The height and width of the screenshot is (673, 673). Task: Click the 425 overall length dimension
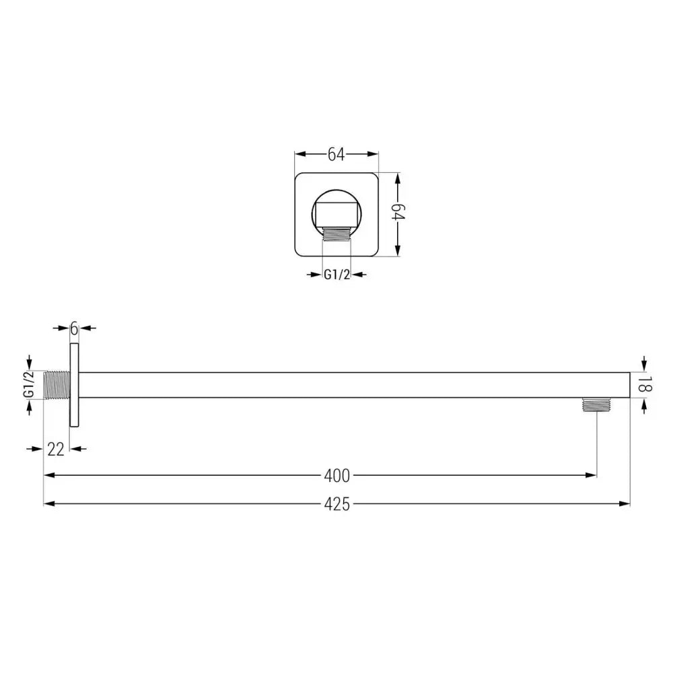click(336, 504)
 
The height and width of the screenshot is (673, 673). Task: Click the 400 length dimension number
click(336, 476)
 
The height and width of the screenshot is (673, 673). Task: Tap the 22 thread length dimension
click(56, 450)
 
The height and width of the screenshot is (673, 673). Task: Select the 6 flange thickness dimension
click(75, 328)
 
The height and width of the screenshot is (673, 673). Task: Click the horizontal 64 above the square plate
click(336, 155)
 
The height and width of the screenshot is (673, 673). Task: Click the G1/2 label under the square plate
click(336, 275)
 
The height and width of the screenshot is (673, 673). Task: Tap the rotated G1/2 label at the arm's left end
click(29, 384)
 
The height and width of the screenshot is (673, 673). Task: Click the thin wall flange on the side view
click(75, 384)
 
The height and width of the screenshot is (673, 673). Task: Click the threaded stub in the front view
click(336, 234)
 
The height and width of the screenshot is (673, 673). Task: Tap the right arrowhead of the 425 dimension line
click(625, 504)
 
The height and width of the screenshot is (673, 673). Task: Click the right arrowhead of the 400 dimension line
click(592, 476)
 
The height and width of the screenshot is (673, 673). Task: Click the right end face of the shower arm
click(630, 384)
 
